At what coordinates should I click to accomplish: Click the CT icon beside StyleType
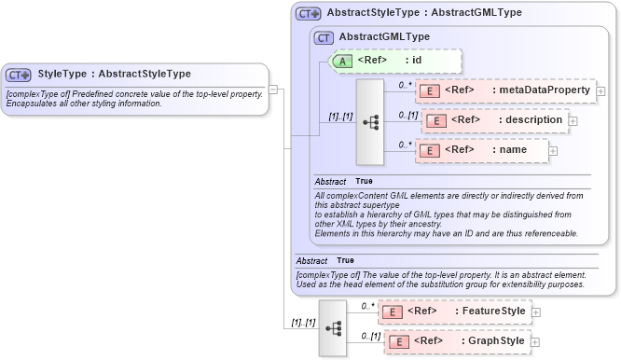tap(19, 75)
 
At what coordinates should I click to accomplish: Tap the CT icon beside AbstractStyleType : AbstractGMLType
tap(309, 14)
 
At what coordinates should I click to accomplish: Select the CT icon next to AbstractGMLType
tap(324, 37)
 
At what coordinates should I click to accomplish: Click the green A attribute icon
tap(342, 61)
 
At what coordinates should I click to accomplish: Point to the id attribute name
tap(417, 61)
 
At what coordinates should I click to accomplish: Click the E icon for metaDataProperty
tap(431, 90)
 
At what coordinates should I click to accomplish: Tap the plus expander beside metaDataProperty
tap(600, 91)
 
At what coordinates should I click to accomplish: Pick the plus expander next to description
tap(573, 120)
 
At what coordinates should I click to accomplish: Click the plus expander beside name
tap(553, 150)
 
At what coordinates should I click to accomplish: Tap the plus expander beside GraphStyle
tap(535, 341)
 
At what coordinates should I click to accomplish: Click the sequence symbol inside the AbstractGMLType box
tap(370, 121)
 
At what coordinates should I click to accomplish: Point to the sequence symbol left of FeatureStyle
tap(332, 328)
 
